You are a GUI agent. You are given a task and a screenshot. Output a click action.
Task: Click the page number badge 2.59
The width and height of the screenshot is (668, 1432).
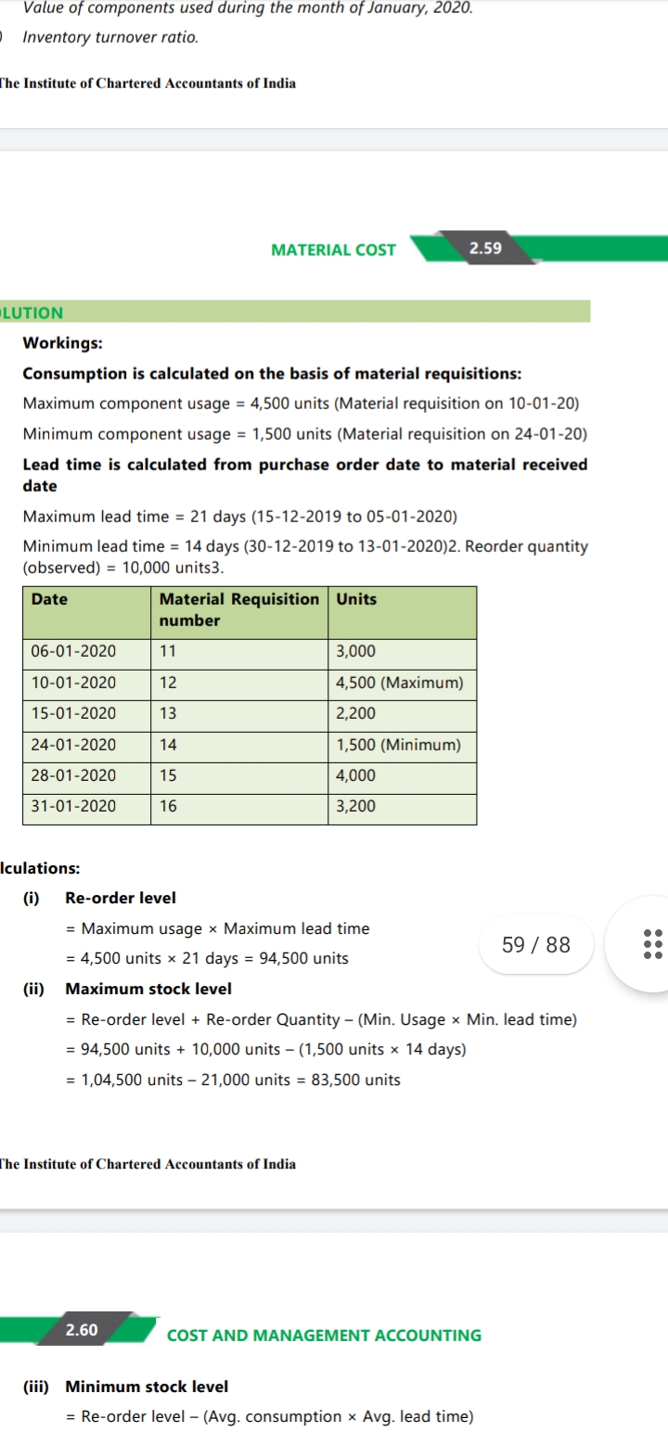pos(485,249)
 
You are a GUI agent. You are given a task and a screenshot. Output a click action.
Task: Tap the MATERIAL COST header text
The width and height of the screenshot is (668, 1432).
pos(333,249)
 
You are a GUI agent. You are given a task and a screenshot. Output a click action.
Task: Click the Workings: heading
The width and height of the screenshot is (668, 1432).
pos(62,343)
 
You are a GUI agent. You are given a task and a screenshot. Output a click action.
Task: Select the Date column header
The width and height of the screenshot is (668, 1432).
pos(49,599)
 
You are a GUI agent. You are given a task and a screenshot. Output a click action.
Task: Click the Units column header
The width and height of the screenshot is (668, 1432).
pos(356,599)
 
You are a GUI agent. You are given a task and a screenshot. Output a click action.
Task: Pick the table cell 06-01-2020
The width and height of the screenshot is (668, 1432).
pos(74,652)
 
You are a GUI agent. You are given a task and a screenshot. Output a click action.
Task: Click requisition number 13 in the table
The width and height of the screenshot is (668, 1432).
pos(168,714)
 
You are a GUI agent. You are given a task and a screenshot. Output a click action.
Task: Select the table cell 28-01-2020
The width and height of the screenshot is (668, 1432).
pos(74,775)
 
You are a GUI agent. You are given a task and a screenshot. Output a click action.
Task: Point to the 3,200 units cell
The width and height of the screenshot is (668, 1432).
pos(356,806)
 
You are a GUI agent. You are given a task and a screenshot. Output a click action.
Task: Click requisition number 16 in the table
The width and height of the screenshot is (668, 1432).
pos(168,806)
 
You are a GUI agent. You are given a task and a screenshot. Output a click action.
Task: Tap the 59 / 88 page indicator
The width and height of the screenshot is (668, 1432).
pos(536,945)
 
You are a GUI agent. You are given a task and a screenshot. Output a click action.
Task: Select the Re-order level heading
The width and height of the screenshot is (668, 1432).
pos(121,898)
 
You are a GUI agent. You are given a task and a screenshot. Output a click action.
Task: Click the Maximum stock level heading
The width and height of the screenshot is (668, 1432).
pos(148,989)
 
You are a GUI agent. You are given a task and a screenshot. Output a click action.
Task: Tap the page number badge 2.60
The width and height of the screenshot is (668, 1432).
pos(82,1330)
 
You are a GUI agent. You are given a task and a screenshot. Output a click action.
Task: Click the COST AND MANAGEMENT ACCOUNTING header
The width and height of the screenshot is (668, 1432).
pos(324,1336)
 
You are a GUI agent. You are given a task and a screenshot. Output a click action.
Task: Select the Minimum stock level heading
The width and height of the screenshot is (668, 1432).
pos(147,1387)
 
